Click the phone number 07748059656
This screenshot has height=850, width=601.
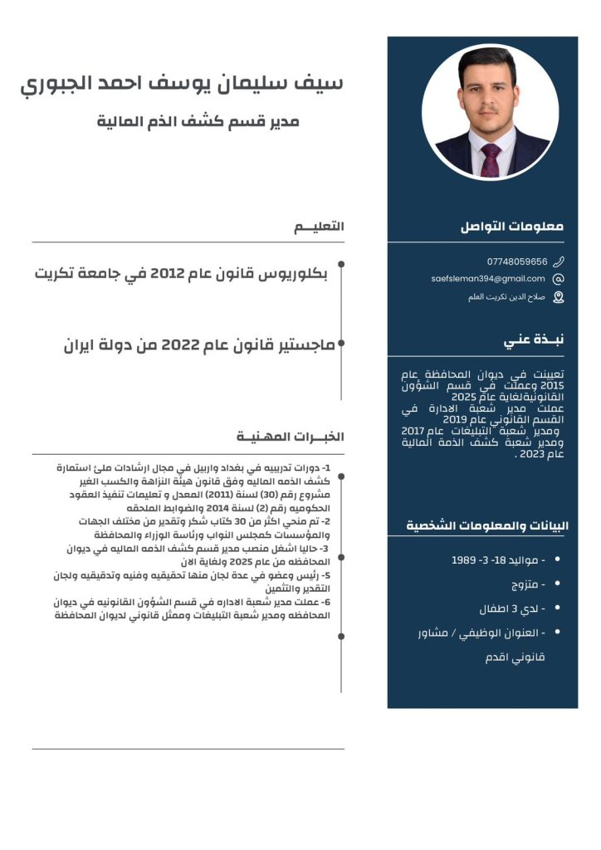pos(517,261)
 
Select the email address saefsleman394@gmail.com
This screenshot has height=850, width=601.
pos(488,279)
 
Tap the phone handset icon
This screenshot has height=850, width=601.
pos(558,261)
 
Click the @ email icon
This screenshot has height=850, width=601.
pos(558,279)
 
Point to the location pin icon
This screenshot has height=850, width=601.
pos(558,296)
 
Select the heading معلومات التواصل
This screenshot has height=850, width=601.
pos(512,226)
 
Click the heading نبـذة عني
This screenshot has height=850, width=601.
pos(534,340)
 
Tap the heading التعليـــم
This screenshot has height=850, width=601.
pos(319,227)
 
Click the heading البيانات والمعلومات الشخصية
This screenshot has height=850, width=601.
pos(487,525)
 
